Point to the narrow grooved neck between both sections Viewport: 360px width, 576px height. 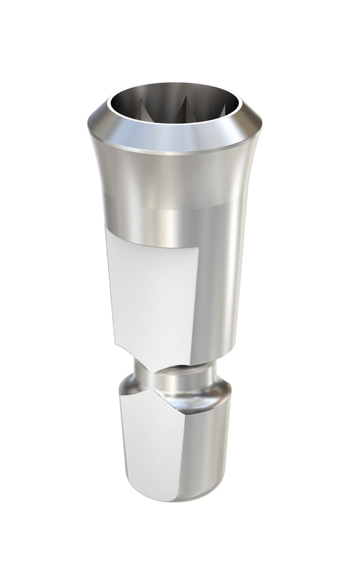[x=177, y=378]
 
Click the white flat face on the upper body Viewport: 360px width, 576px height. [x=153, y=290]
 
